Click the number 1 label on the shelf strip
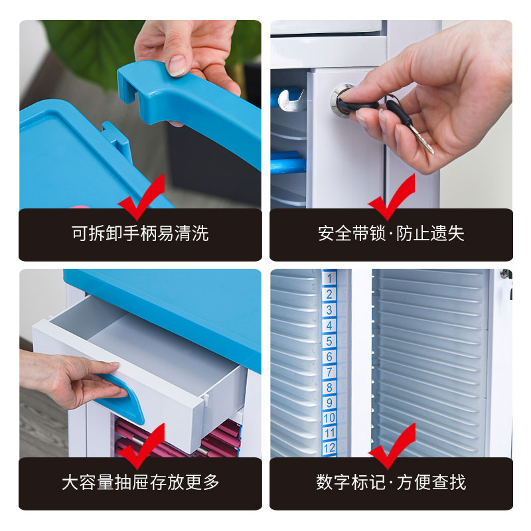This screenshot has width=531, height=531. click(329, 278)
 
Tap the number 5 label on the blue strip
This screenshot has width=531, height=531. click(329, 341)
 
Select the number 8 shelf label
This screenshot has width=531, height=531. click(329, 387)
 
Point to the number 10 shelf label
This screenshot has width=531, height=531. click(329, 418)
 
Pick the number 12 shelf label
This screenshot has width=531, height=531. click(329, 449)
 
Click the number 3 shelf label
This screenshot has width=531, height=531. click(329, 310)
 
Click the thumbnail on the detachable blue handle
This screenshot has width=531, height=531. click(177, 65)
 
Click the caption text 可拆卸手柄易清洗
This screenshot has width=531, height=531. click(140, 233)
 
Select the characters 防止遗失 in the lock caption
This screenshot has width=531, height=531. click(430, 233)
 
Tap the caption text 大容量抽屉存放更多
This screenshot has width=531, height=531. click(140, 483)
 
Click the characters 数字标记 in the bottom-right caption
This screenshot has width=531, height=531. click(350, 483)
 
